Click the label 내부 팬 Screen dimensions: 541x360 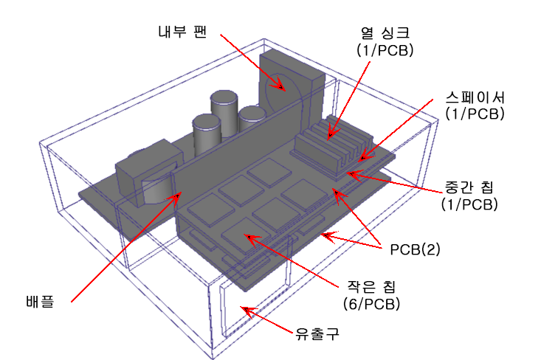[x=182, y=32]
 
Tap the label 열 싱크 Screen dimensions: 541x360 [x=385, y=33]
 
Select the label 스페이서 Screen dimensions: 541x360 [x=475, y=97]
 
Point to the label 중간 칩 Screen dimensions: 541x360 [x=469, y=187]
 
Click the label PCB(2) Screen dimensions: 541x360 [x=415, y=249]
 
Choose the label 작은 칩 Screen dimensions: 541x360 [x=371, y=287]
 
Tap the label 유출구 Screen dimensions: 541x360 [x=317, y=333]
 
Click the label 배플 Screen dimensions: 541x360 [x=40, y=301]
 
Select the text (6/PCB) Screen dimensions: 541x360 [x=371, y=304]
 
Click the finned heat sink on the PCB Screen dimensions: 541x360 [x=331, y=145]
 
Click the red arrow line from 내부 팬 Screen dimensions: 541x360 [x=252, y=62]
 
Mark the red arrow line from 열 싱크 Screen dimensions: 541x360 [x=349, y=100]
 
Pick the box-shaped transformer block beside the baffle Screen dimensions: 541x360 [x=148, y=173]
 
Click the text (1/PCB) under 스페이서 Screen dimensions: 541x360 [x=475, y=114]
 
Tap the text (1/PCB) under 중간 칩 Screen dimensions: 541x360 [x=469, y=204]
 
